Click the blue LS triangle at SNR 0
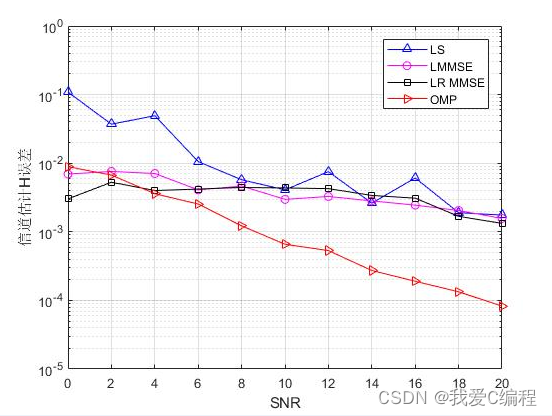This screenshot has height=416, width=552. (68, 91)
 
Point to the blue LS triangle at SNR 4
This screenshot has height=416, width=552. (154, 115)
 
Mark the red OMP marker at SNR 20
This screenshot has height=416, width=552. (502, 306)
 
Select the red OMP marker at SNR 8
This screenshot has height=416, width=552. (241, 226)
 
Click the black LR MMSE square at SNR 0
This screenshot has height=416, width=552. (68, 199)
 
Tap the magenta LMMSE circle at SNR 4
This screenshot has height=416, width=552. (154, 174)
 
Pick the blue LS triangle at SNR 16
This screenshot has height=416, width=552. (415, 178)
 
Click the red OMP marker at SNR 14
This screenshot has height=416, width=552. (372, 270)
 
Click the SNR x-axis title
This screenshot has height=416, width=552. (284, 402)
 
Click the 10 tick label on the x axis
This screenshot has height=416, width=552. (284, 383)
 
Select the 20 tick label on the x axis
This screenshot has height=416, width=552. (501, 383)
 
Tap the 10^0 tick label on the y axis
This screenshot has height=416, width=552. (48, 28)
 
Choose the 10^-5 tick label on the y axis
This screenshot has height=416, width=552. (48, 370)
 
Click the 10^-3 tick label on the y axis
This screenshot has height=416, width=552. (48, 233)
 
